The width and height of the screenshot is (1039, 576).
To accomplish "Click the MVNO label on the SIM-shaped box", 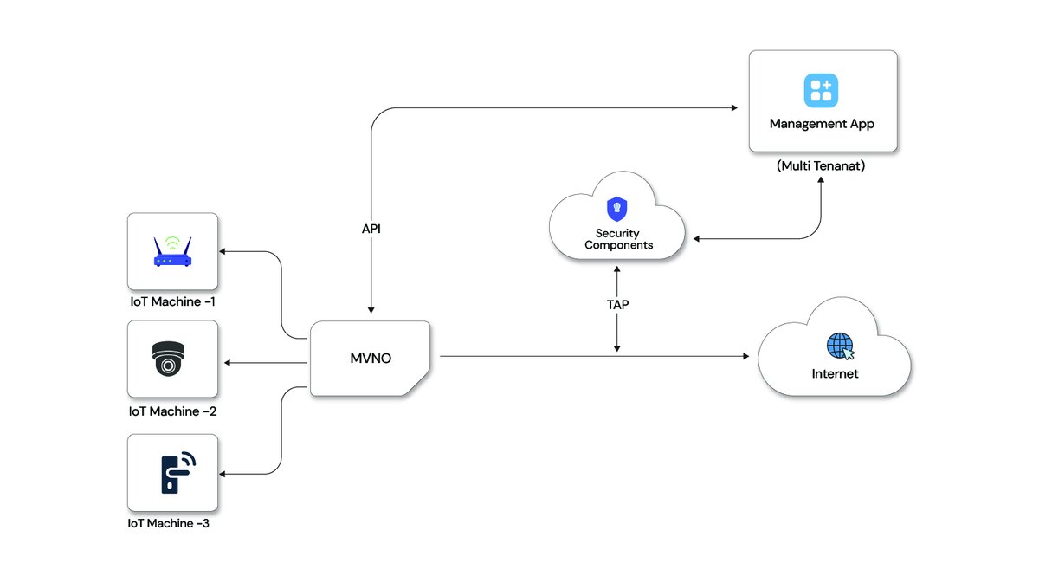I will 370,358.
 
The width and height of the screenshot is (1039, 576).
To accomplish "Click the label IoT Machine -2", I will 171,411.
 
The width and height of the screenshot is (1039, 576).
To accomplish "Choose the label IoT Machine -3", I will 168,523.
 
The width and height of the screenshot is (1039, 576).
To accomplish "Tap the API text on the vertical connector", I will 371,230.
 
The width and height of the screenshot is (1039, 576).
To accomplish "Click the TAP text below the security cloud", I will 617,305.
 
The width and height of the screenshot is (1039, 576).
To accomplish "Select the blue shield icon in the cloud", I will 617,209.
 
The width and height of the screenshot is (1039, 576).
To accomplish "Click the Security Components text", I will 618,239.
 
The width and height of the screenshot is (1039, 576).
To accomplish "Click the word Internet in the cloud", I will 835,374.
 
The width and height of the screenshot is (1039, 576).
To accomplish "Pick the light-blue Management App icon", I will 821,89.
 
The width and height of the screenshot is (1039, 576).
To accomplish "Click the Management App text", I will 822,124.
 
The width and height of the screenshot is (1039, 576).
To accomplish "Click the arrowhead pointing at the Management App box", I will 732,107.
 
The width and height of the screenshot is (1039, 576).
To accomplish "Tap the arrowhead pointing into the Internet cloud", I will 745,356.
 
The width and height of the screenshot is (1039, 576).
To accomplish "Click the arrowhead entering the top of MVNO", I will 371,308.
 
